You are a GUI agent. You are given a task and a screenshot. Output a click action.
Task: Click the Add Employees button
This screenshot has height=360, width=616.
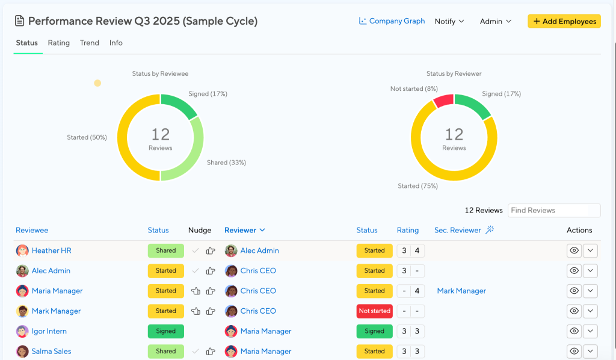tap(564, 21)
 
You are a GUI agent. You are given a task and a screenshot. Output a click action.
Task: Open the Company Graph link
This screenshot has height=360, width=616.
tap(392, 21)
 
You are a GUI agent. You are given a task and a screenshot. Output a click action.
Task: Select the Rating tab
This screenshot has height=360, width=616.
tap(58, 43)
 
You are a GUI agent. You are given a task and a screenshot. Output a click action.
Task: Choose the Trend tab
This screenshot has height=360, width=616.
tap(90, 43)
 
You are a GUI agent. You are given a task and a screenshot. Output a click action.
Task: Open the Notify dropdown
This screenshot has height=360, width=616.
tap(449, 21)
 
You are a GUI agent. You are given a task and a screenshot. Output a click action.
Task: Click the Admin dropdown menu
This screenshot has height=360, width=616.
tap(496, 21)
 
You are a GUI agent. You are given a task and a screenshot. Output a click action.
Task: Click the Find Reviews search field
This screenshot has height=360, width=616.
tap(554, 210)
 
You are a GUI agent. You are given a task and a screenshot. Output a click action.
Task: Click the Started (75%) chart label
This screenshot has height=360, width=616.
tap(417, 186)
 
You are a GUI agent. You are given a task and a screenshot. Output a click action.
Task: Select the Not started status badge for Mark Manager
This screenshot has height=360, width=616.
tap(374, 311)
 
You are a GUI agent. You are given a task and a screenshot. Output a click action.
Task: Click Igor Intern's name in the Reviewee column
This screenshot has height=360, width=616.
tap(49, 331)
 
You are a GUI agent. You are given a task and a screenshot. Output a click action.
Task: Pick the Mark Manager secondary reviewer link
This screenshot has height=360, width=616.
tap(461, 291)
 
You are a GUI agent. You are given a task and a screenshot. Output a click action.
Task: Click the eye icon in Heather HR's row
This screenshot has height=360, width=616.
tap(574, 250)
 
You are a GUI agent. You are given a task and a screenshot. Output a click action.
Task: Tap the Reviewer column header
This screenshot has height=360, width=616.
tap(244, 231)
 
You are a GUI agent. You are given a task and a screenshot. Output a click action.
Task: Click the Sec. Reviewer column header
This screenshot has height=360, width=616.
tap(457, 231)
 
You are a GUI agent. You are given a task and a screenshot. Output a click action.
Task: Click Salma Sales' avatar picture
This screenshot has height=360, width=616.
tap(22, 352)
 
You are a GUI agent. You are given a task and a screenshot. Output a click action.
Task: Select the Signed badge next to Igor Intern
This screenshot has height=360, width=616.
tap(166, 331)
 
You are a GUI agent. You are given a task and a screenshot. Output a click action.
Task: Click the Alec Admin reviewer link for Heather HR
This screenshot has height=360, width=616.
tap(260, 251)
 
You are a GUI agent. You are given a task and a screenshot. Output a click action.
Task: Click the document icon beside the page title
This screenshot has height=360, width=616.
tap(19, 21)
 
